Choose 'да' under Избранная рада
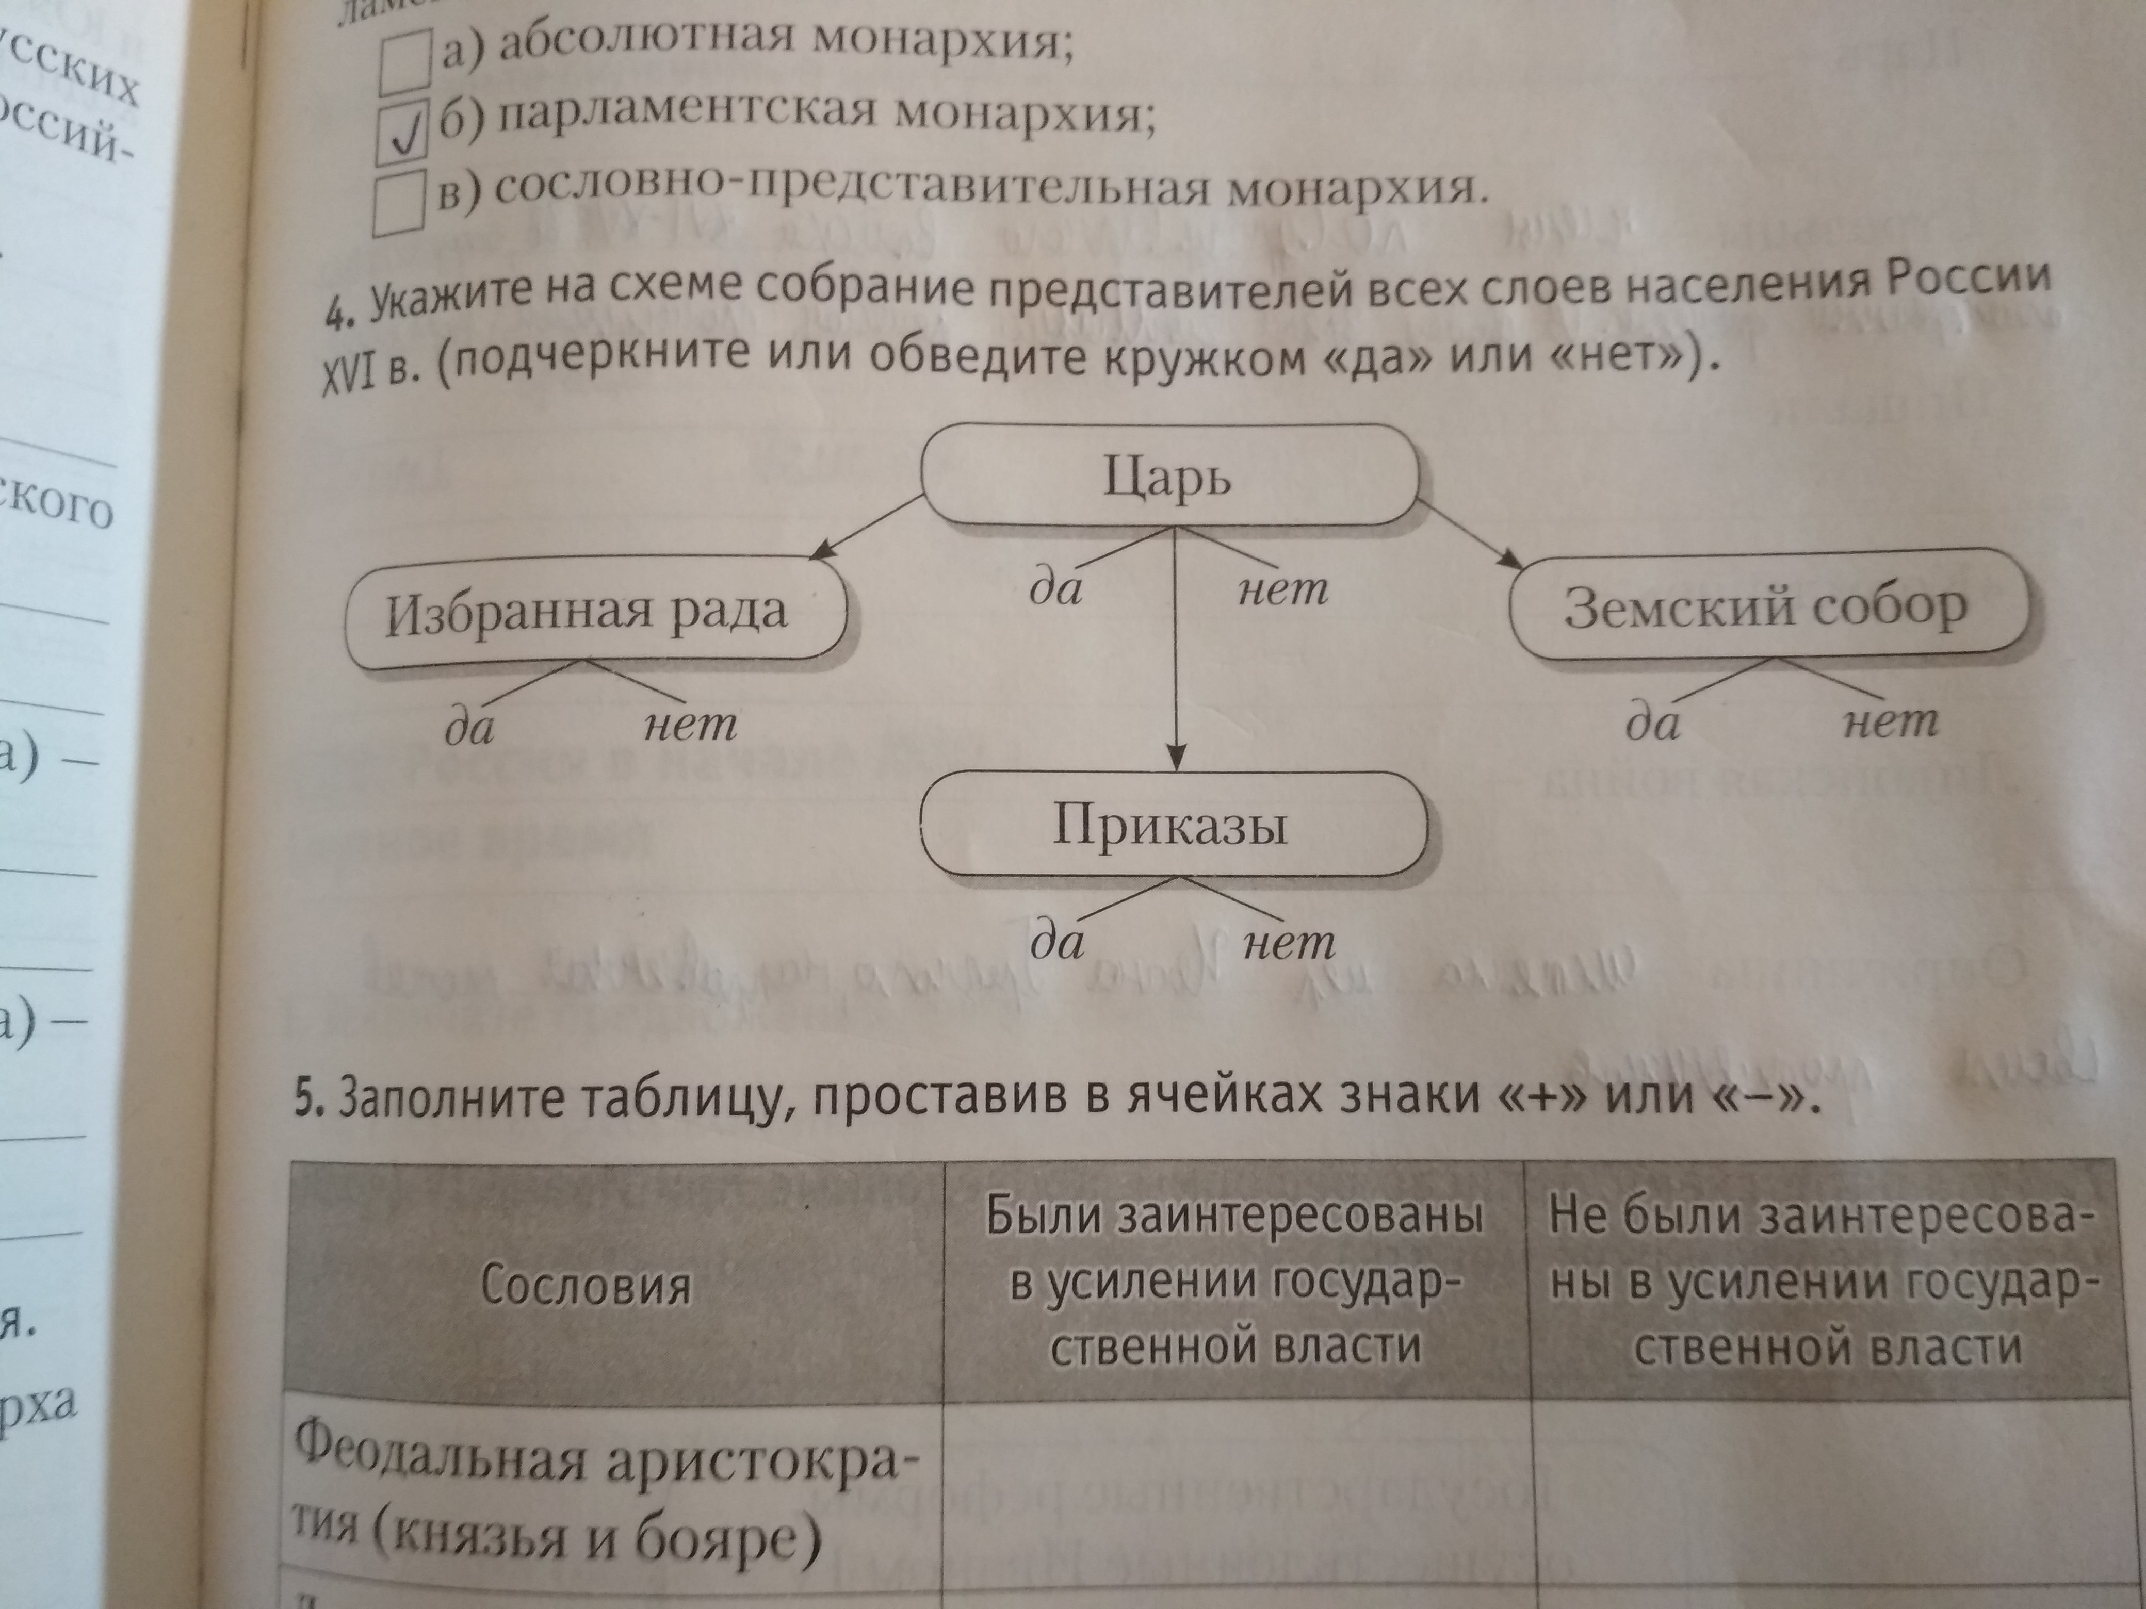click(469, 727)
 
